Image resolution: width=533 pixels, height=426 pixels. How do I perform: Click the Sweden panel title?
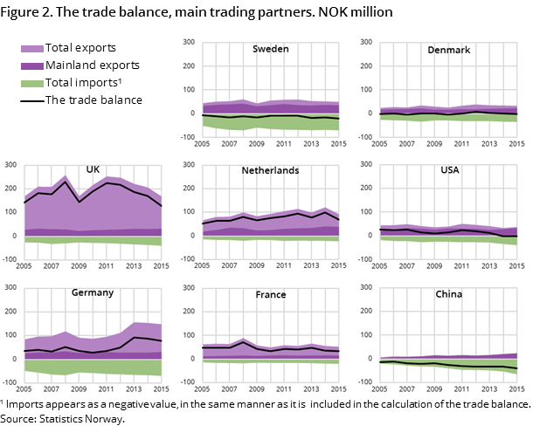(271, 50)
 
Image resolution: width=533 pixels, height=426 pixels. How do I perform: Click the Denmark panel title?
(450, 50)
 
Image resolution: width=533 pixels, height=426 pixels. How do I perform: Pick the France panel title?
(271, 294)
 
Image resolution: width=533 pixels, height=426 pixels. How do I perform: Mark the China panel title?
(450, 294)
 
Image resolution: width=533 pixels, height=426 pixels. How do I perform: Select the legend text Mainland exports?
(93, 65)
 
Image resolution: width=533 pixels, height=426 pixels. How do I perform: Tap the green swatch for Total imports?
(35, 83)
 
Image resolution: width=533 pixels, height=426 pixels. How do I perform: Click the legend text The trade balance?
(95, 100)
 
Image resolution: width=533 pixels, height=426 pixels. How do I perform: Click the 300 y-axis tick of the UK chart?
(10, 164)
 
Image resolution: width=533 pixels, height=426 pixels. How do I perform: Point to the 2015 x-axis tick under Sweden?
(337, 143)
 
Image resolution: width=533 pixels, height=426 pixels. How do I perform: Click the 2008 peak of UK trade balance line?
(66, 182)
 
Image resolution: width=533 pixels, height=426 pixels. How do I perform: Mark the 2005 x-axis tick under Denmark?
(382, 143)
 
